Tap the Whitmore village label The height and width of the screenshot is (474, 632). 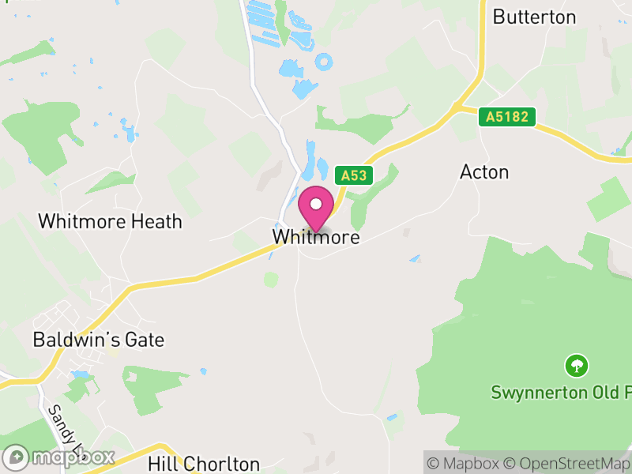[316, 237]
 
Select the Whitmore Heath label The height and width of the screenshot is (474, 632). [110, 221]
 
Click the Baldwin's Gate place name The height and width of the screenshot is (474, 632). [98, 340]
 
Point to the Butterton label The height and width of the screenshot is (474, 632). [534, 17]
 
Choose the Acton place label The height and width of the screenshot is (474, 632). [484, 172]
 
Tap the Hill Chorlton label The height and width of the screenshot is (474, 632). [204, 464]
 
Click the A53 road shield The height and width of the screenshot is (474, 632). [353, 175]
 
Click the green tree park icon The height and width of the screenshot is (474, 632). [577, 365]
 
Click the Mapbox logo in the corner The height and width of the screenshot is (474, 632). [59, 457]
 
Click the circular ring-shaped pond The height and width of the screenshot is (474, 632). [323, 61]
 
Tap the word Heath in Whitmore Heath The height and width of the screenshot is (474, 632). [155, 221]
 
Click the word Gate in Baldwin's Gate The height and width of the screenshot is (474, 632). [142, 340]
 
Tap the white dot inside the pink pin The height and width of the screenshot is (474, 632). [316, 204]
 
